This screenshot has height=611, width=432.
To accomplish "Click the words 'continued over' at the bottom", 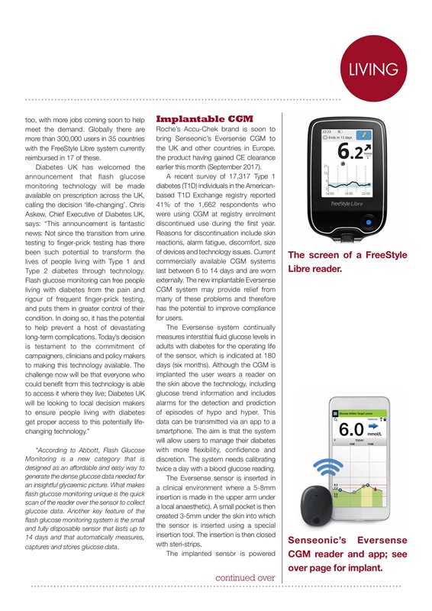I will tap(243, 577).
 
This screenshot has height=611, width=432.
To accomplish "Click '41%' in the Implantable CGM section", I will tap(166, 206).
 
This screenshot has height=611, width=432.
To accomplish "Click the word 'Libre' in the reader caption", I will tap(299, 270).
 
